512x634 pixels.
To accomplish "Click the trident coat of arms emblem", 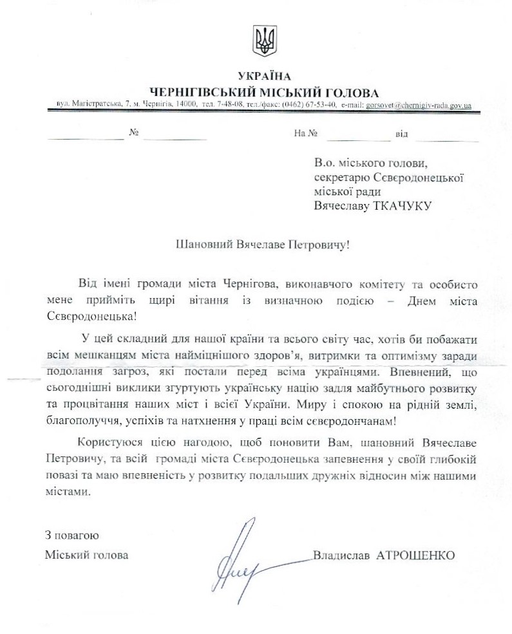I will (263, 42).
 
